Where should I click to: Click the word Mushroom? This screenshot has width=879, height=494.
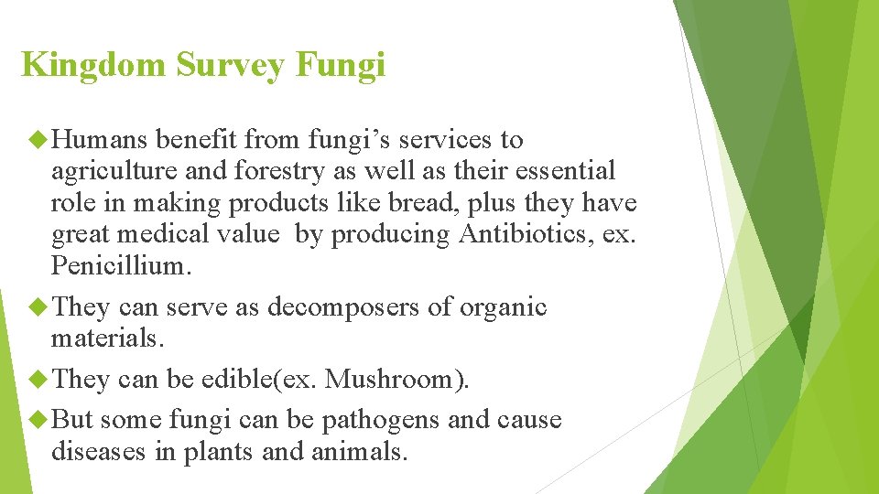(391, 379)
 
